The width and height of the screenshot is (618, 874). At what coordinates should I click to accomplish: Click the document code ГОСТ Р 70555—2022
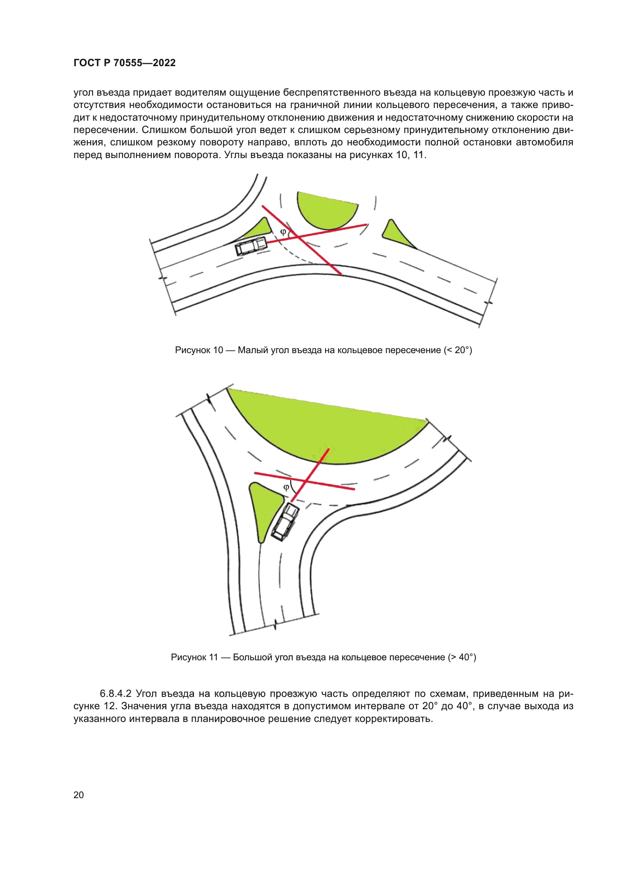[x=124, y=63]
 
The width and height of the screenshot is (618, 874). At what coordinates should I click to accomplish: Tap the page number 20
[x=78, y=795]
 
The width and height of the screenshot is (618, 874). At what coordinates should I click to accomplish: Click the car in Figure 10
[x=251, y=246]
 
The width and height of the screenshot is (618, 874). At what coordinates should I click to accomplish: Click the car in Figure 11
[x=285, y=522]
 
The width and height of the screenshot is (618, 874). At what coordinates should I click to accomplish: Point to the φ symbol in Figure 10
[x=283, y=231]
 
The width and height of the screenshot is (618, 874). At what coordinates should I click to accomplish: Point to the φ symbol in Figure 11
[x=286, y=487]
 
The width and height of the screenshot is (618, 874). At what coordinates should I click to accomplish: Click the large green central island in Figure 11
[x=327, y=426]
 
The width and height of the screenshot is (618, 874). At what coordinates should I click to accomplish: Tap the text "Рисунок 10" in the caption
[x=199, y=350]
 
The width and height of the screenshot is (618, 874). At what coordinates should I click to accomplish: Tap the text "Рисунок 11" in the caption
[x=194, y=657]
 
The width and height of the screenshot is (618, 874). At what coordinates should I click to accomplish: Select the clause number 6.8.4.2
[x=115, y=694]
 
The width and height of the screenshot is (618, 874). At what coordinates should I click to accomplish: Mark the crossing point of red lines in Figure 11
[x=305, y=482]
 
